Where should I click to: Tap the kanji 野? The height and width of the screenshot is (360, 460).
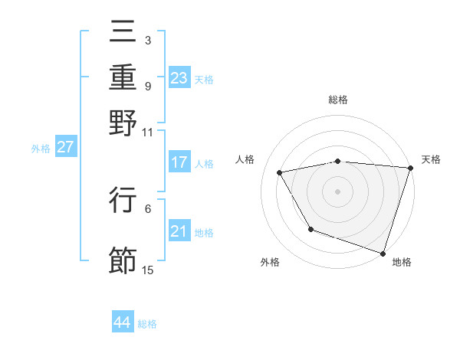point(123,123)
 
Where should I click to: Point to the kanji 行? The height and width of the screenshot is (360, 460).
point(123,200)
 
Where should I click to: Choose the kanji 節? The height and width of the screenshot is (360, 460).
point(123,261)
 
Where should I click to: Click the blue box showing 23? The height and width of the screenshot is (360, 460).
point(179,78)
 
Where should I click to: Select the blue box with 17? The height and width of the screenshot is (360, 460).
point(179,162)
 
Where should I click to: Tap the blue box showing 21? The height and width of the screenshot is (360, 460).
point(179,231)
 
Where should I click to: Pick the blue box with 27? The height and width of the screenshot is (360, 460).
point(65,147)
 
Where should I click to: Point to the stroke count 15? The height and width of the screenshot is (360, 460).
point(148,270)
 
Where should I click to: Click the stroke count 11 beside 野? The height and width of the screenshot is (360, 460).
point(148,131)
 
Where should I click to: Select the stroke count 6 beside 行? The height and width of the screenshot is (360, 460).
point(148,208)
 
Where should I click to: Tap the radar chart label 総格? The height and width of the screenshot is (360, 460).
point(337,100)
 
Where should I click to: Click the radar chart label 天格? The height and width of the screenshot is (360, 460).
point(431,159)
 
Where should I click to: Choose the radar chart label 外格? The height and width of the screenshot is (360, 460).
point(270,262)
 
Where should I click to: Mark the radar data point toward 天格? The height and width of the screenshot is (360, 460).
point(410,168)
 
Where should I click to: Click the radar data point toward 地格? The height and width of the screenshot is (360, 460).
point(383,253)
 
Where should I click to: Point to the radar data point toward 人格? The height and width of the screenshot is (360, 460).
point(280,172)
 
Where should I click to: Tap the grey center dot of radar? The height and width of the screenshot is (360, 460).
point(337,191)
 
